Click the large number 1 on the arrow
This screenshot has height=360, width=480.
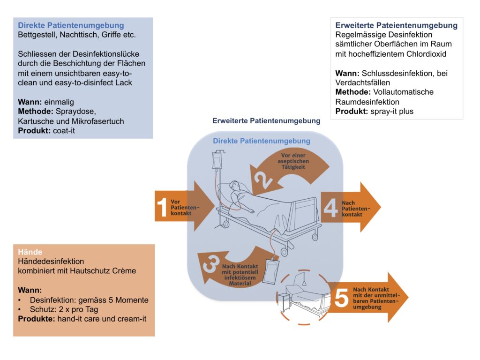pos(162,208)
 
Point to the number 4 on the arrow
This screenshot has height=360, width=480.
pos(330,208)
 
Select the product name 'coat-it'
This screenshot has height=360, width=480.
pos(64,131)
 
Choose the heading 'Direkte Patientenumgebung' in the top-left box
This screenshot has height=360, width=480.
pos(71,25)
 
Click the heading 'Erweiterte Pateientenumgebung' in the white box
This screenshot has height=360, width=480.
pos(397,25)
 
